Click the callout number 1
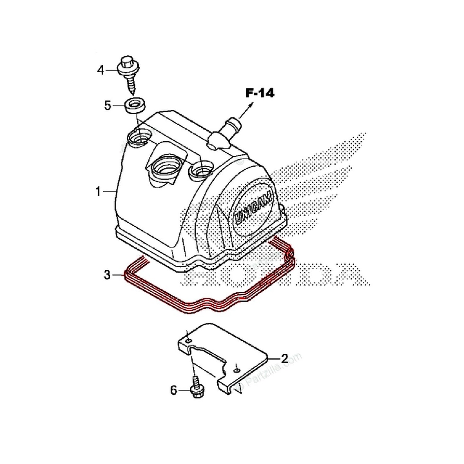click(x=98, y=191)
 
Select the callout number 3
click(x=107, y=275)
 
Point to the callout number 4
click(x=101, y=70)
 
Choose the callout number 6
click(x=174, y=391)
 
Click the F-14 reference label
click(x=259, y=93)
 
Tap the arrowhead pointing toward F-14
click(x=251, y=104)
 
